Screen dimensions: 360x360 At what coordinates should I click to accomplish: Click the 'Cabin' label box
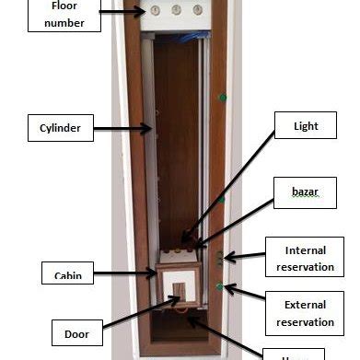tap(67, 273)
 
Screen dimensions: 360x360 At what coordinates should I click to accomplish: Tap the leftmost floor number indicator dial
tap(156, 11)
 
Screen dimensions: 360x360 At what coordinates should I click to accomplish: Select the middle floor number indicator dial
tap(176, 11)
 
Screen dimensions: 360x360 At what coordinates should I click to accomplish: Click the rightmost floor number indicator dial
tap(197, 11)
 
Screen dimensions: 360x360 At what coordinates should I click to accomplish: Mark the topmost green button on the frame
tap(221, 96)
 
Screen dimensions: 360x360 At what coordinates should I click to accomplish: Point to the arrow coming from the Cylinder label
tap(120, 130)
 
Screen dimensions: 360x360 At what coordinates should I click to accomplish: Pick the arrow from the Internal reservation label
tap(244, 257)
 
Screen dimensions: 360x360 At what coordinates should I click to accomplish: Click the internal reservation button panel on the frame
tap(219, 261)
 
